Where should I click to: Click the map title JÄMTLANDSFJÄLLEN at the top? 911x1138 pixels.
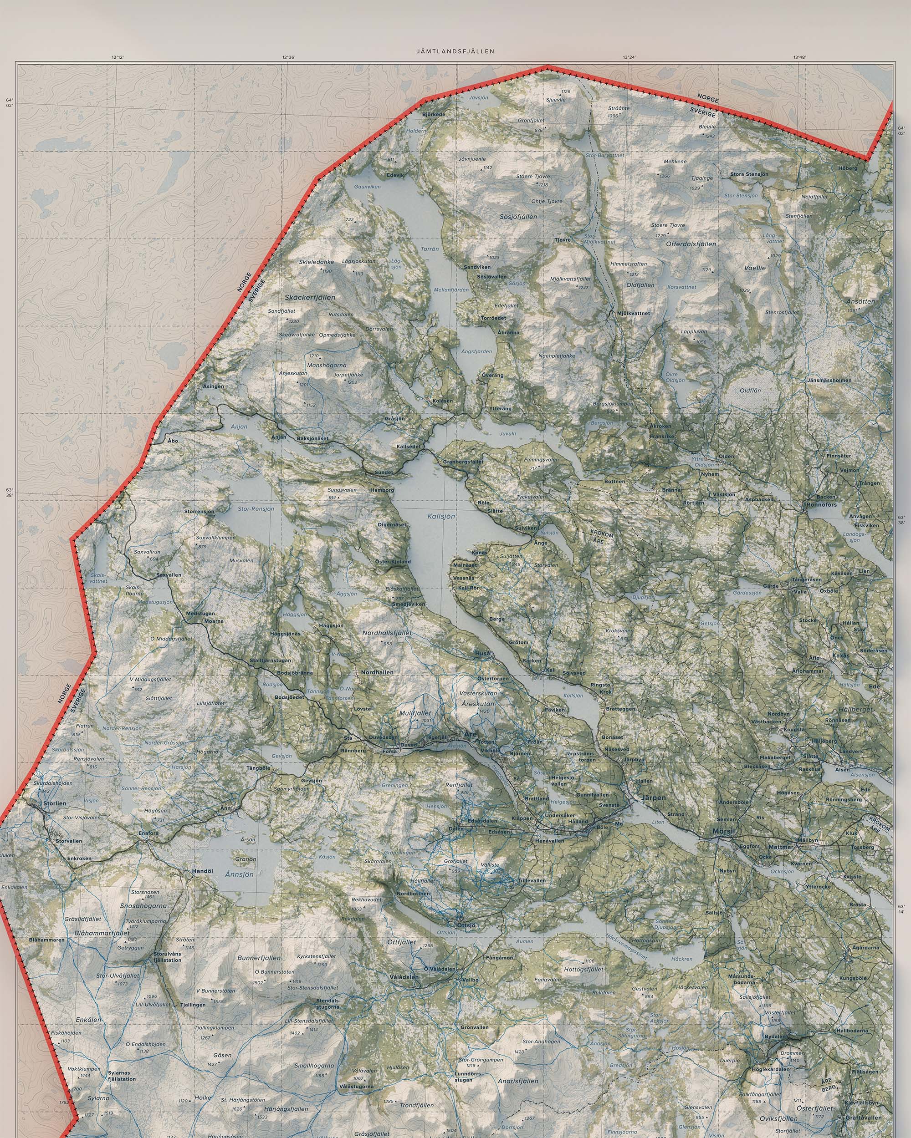pyautogui.click(x=455, y=51)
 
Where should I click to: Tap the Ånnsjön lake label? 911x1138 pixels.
pyautogui.click(x=239, y=874)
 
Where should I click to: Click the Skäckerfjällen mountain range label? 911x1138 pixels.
pyautogui.click(x=309, y=297)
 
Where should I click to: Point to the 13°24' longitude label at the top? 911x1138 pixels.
pyautogui.click(x=629, y=57)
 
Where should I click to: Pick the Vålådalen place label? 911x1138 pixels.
pyautogui.click(x=404, y=977)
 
